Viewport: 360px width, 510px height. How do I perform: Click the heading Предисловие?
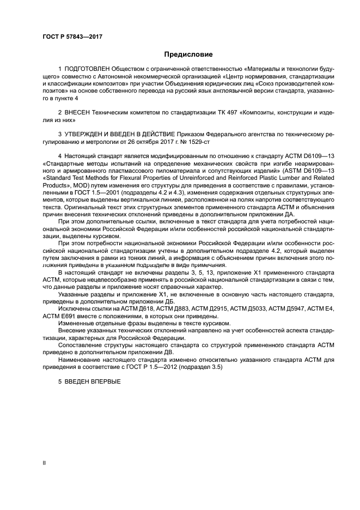[x=188, y=54]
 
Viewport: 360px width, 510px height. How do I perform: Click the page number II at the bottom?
[x=45, y=463]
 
